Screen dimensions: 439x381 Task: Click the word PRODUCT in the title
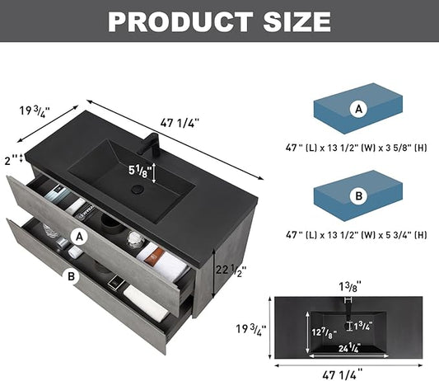[x=180, y=22]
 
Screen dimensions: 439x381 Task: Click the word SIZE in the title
[x=297, y=22]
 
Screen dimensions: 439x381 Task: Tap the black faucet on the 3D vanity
[x=151, y=143]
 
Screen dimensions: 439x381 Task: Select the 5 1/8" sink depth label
[x=140, y=171]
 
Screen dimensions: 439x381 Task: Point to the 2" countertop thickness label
[x=12, y=160]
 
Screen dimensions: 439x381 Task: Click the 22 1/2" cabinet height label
[x=231, y=270]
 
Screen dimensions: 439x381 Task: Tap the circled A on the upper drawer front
[x=80, y=238]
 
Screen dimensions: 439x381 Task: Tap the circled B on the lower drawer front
[x=71, y=276]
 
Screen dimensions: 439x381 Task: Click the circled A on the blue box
[x=358, y=109]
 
